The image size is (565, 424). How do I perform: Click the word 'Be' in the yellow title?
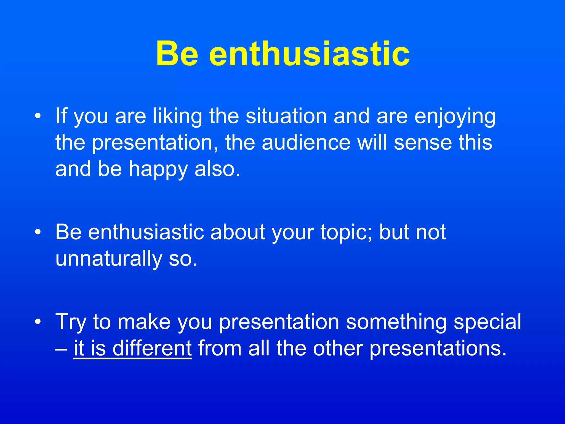tap(177, 54)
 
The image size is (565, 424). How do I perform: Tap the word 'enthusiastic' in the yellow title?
tap(309, 54)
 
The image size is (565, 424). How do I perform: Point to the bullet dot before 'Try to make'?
tap(38, 322)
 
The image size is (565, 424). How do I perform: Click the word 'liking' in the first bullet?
tap(177, 116)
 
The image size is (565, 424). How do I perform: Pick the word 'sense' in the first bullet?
tap(423, 143)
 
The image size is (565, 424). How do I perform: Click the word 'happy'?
tap(158, 169)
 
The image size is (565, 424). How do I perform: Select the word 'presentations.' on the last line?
tap(438, 349)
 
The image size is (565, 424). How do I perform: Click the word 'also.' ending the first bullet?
tap(217, 169)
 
